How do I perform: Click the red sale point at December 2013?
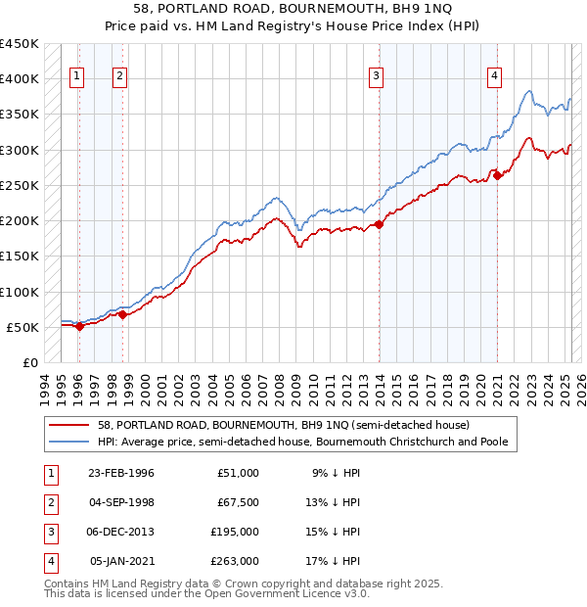(x=380, y=225)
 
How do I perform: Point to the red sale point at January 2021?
(x=497, y=176)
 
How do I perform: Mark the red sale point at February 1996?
(x=79, y=327)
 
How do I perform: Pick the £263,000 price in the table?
(x=235, y=561)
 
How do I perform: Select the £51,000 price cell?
(x=238, y=472)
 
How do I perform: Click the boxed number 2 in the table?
(x=51, y=502)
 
